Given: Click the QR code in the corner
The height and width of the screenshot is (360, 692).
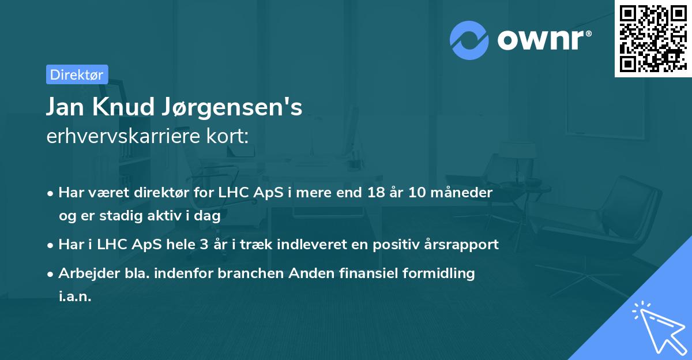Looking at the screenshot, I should click(653, 39).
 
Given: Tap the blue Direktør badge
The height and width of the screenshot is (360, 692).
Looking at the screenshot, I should click(77, 74).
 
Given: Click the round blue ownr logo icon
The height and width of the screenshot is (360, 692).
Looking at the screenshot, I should click(469, 40).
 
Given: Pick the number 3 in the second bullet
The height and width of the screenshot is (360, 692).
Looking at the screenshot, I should click(204, 245).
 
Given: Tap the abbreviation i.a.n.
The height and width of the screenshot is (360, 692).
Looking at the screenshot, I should click(75, 297).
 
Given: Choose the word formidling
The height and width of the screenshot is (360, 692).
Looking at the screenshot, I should click(441, 273).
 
